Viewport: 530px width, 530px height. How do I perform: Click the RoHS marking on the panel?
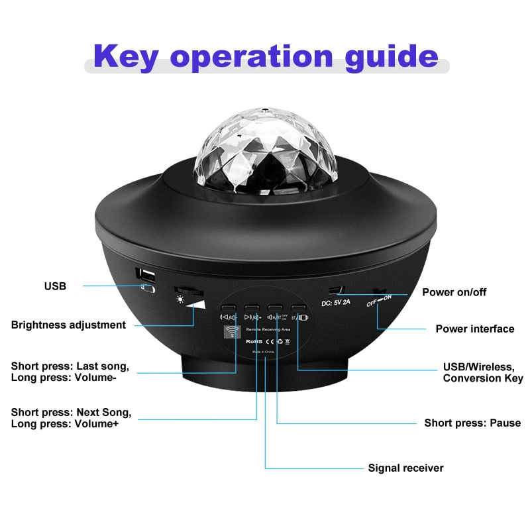(x=255, y=341)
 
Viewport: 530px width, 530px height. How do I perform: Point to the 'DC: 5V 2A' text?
(x=340, y=303)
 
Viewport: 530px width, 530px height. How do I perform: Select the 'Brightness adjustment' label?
(x=68, y=325)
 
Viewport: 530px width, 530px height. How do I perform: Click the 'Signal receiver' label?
(x=405, y=468)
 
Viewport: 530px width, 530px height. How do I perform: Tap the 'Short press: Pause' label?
(x=472, y=423)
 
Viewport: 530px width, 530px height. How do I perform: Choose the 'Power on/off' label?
(x=454, y=292)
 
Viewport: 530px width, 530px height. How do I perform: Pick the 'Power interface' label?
(x=474, y=329)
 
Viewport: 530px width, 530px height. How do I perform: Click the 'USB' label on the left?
(x=55, y=286)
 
